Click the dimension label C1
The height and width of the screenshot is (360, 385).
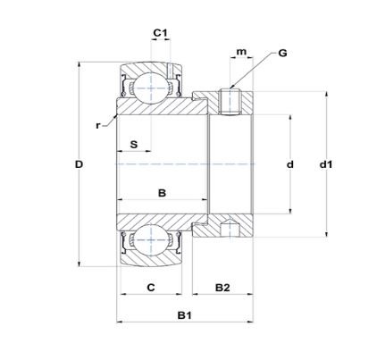point(160,32)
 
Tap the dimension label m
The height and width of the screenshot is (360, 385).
point(241,52)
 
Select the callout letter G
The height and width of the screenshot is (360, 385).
point(282,53)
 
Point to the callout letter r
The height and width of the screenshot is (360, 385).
point(98,126)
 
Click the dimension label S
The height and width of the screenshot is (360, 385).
point(134,145)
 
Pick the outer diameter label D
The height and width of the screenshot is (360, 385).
point(79,164)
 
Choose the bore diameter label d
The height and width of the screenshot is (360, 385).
point(289,164)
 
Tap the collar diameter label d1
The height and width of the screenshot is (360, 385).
point(326,164)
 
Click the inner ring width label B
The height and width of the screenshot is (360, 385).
point(162,193)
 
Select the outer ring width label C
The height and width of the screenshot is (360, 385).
point(151,288)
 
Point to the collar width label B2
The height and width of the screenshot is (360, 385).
point(222,288)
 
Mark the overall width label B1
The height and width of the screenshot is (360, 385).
point(185,315)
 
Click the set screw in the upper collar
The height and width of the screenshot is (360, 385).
point(230,102)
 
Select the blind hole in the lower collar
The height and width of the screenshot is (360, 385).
point(230,229)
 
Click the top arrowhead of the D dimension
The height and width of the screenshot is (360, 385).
point(79,65)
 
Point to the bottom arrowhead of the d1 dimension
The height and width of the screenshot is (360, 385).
point(327,234)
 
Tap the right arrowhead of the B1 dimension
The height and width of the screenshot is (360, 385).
point(250,322)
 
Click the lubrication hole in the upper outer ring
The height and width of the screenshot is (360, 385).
point(169,71)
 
